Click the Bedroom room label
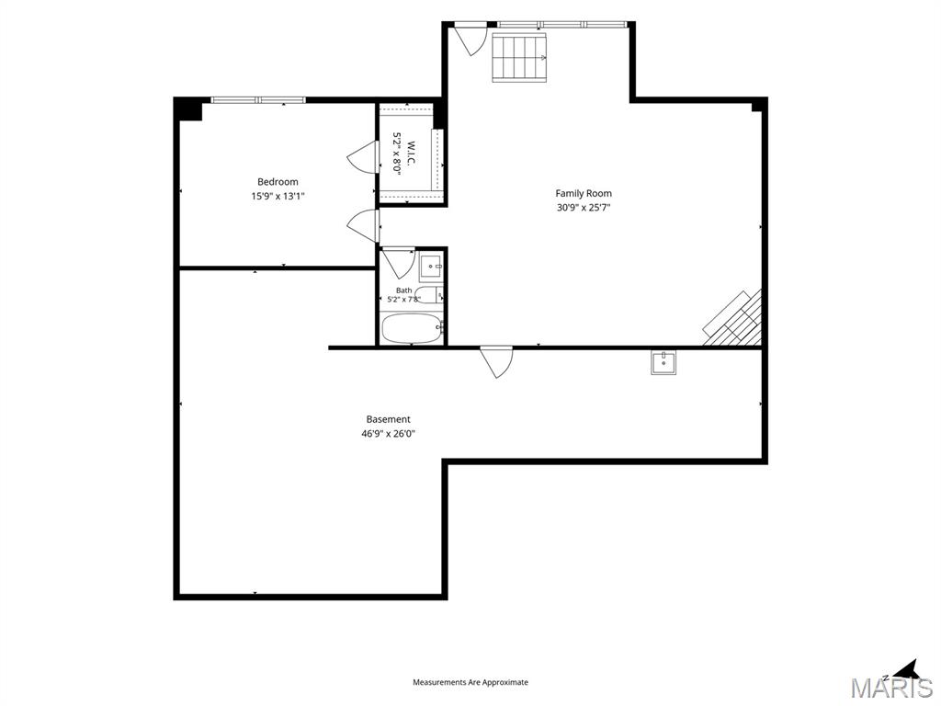pos(278,182)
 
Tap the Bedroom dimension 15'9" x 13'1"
pos(278,196)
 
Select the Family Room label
pos(584,193)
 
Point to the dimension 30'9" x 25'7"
pos(584,208)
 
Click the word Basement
pos(389,419)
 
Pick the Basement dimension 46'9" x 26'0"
pos(389,434)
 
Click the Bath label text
pos(404,290)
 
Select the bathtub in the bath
pos(412,328)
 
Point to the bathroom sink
pos(431,266)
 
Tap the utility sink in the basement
pos(663,362)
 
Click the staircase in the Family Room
pos(520,58)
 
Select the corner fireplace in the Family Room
pos(733,319)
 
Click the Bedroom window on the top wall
pos(258,99)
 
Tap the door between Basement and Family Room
pos(496,361)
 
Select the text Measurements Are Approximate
pos(470,682)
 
